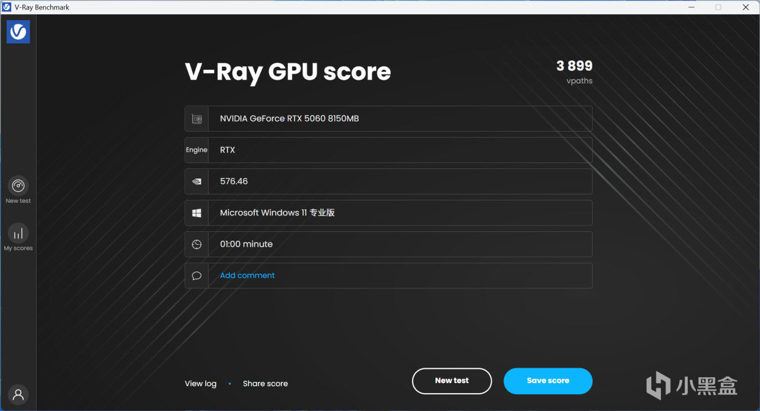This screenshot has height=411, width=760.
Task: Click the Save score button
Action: pos(547,381)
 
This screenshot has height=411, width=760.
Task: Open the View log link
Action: pos(201,384)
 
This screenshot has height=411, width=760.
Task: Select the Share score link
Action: pos(265,384)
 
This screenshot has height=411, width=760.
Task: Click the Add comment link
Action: pos(247,275)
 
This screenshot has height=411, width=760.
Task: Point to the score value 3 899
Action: pos(574,66)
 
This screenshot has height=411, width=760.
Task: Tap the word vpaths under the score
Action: pos(579,81)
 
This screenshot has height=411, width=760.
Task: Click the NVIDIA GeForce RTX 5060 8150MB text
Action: pos(289,119)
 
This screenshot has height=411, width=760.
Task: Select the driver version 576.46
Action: pos(234,181)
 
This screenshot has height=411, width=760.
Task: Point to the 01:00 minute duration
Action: pos(246,244)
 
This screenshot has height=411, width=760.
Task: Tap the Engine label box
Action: pos(197,150)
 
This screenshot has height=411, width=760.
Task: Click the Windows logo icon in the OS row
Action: pos(197,213)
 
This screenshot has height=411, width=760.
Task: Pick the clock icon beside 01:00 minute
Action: pos(197,244)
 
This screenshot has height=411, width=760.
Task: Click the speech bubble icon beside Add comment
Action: pos(197,276)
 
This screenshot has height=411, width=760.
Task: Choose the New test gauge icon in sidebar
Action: pos(18,186)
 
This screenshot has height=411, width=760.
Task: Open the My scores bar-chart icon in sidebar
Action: pos(18,233)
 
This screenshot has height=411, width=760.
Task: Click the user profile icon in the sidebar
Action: pos(18,394)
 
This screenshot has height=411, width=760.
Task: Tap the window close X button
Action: pos(746,7)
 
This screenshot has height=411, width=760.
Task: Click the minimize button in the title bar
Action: pos(691,7)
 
